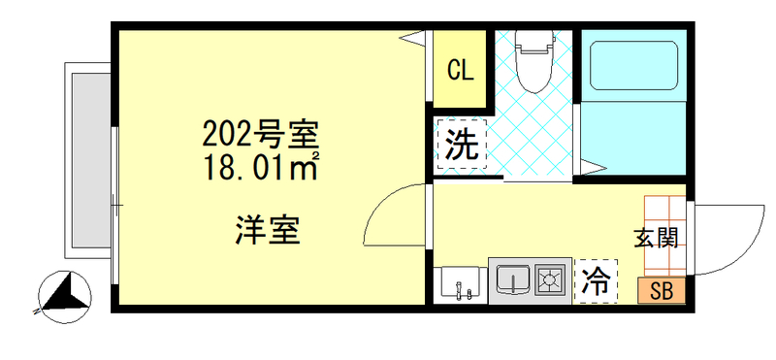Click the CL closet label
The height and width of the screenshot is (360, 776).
[x=460, y=70]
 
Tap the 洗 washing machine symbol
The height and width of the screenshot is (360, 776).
[x=462, y=146]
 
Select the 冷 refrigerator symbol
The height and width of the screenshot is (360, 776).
[x=596, y=282]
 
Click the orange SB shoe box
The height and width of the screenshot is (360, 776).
[x=662, y=291]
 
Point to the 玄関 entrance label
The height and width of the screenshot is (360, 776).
[x=656, y=238]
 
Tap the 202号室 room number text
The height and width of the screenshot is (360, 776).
[x=261, y=131]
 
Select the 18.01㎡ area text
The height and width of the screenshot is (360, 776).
[x=261, y=167]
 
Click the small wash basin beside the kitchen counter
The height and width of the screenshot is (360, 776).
[x=459, y=284]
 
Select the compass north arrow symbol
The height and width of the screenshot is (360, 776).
[x=64, y=295]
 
